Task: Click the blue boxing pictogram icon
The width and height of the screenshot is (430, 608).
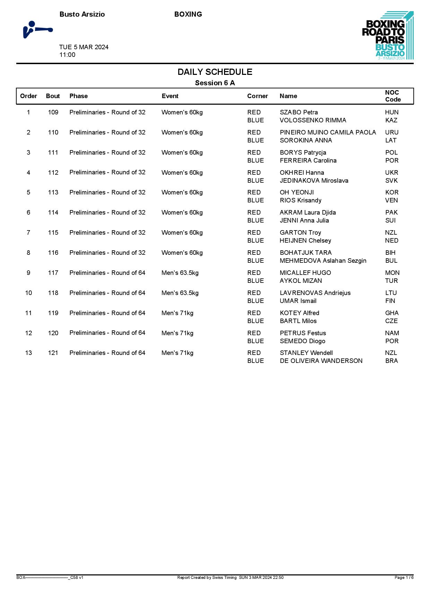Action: pyautogui.click(x=37, y=29)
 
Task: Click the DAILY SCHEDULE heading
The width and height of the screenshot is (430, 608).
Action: pyautogui.click(x=215, y=72)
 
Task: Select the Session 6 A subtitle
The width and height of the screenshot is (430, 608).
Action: pyautogui.click(x=215, y=83)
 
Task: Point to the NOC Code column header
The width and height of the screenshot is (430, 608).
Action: pyautogui.click(x=393, y=96)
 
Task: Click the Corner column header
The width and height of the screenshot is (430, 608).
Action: pyautogui.click(x=257, y=96)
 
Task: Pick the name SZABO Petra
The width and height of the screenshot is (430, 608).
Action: pyautogui.click(x=299, y=112)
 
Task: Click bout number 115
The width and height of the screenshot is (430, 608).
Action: pyautogui.click(x=53, y=233)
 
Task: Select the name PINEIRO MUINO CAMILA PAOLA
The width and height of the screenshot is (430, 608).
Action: pyautogui.click(x=328, y=132)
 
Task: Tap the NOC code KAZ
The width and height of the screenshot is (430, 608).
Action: pyautogui.click(x=391, y=120)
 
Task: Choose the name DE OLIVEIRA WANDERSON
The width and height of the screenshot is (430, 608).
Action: pyautogui.click(x=321, y=361)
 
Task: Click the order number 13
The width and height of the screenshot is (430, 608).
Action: pyautogui.click(x=28, y=353)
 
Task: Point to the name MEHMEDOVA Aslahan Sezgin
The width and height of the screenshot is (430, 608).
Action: pyautogui.click(x=323, y=261)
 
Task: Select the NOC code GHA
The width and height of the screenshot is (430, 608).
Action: pyautogui.click(x=392, y=313)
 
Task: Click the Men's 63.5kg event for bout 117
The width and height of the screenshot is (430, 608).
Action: pyautogui.click(x=180, y=273)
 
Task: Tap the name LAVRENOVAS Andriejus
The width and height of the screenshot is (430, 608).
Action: pyautogui.click(x=315, y=293)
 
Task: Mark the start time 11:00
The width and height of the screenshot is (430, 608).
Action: pyautogui.click(x=67, y=55)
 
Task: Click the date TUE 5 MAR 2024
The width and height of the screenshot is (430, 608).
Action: pyautogui.click(x=84, y=47)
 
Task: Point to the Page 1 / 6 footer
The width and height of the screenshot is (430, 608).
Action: pyautogui.click(x=404, y=577)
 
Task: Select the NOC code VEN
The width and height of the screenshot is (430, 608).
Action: pyautogui.click(x=392, y=200)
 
